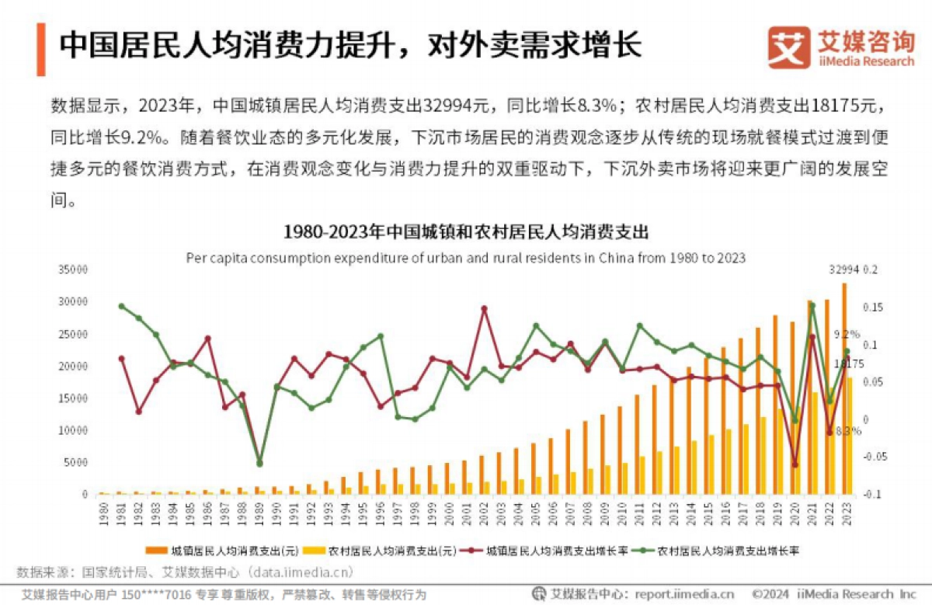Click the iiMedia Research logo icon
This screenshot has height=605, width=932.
point(789,47)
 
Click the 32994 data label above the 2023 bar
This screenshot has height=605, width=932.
point(844,270)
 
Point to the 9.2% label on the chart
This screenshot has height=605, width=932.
point(847,334)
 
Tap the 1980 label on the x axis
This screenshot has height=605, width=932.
point(103,514)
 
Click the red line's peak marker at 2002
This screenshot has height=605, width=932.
point(484,308)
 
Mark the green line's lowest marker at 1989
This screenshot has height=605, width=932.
point(259,464)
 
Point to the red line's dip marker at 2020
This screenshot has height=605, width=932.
point(795,464)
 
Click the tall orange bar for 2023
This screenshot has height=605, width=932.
point(844,388)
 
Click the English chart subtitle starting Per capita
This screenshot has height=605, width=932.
point(465,258)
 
